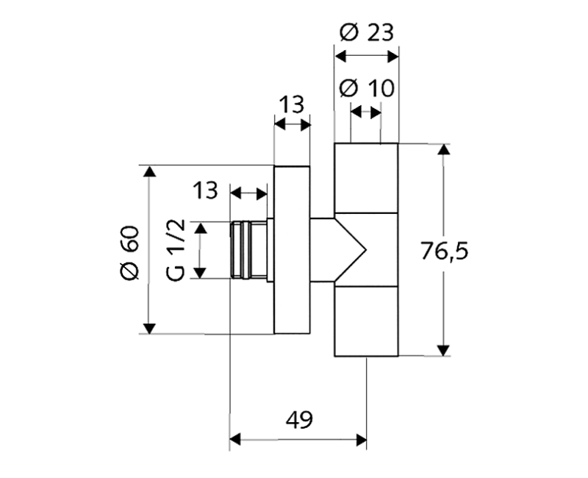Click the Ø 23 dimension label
point(366,32)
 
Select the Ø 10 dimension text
point(367,88)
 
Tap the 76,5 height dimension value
point(444,251)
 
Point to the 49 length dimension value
point(299,420)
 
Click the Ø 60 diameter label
point(129,252)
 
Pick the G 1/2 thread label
point(176,250)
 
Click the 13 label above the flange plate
point(292,104)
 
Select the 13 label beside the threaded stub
point(205,190)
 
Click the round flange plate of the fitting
point(292,249)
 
